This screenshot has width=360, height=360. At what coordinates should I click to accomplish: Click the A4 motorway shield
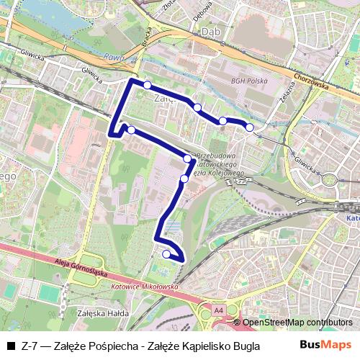[x=217, y=310]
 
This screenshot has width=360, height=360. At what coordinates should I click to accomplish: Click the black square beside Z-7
[x=11, y=345]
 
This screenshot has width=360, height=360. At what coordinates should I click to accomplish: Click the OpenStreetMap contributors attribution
[x=297, y=323]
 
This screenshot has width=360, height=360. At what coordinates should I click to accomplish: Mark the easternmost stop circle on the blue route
[x=250, y=127]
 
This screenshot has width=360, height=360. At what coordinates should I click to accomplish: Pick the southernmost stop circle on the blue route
[x=166, y=253]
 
